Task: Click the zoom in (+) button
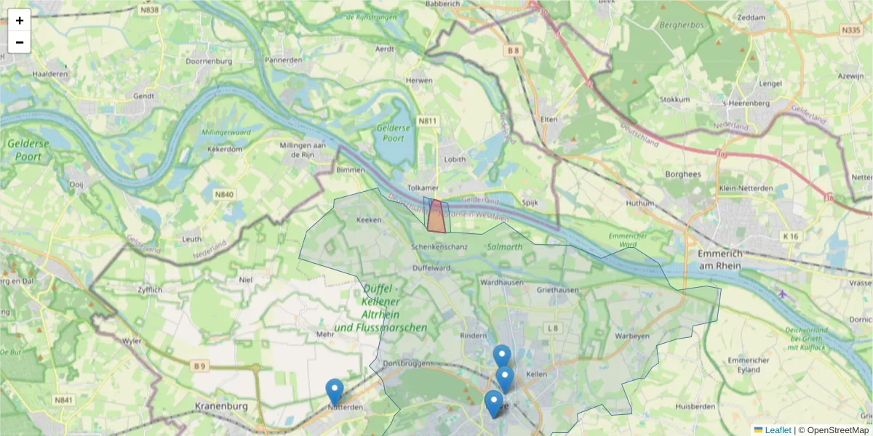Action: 20,20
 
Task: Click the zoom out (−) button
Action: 20,42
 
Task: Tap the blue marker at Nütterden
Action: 335,391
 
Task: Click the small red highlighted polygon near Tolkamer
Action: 436,218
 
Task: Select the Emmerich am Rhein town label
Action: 719,259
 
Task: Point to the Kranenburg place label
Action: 222,406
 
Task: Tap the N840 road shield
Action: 224,195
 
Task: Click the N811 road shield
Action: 428,121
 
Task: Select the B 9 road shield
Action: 199,366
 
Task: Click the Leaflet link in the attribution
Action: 777,430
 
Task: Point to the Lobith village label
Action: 454,160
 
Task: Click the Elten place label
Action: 549,119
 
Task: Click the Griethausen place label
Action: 558,289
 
